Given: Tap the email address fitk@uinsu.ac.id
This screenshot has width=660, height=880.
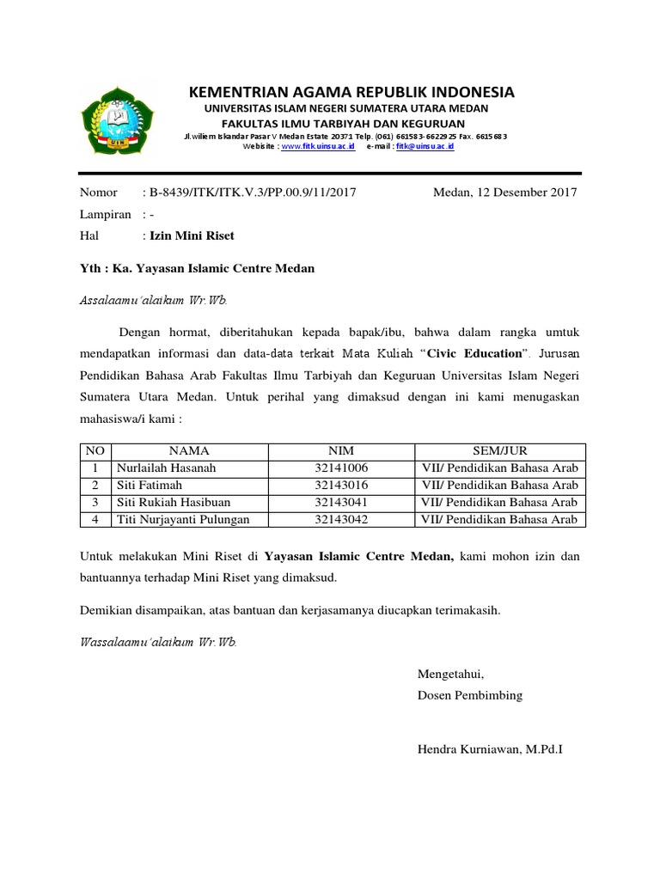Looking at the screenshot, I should click(425, 147).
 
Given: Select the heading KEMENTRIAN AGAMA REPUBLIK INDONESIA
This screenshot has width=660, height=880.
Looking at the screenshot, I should click(351, 92).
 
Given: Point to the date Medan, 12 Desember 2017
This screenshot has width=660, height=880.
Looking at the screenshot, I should click(504, 192).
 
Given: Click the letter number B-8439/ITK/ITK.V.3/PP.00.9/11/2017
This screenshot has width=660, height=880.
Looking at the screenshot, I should click(253, 192).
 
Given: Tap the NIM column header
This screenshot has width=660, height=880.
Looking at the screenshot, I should click(341, 451).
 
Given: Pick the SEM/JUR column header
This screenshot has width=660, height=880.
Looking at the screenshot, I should click(500, 451).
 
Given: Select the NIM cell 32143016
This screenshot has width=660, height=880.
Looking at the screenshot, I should click(341, 486).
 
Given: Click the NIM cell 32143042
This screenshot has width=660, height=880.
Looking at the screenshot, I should click(341, 519).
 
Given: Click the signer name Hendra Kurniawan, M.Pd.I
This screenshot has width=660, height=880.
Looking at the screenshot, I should click(489, 750).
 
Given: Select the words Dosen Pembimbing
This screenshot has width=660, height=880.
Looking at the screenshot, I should click(469, 695).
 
